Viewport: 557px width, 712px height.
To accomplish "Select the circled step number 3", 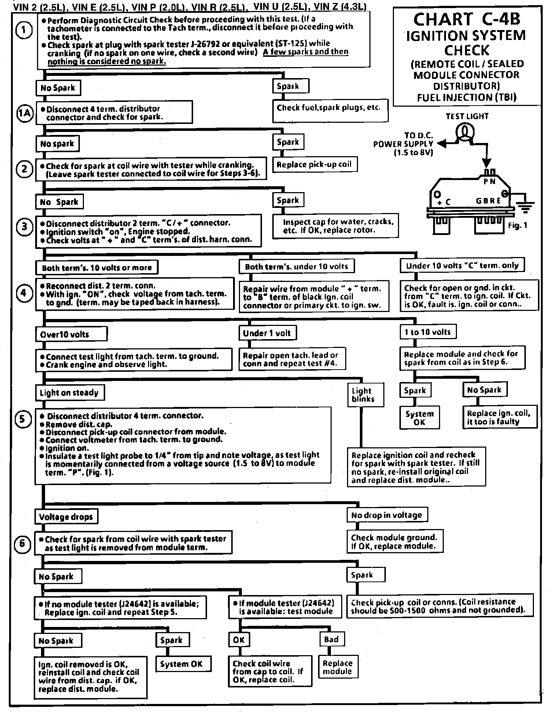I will [x=25, y=227].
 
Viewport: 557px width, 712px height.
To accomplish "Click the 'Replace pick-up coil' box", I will [x=315, y=164].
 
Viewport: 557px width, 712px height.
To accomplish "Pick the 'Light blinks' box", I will [x=365, y=395].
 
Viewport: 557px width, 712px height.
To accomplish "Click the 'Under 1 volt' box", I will [x=267, y=333].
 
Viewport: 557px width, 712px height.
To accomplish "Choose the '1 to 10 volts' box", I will [x=428, y=332].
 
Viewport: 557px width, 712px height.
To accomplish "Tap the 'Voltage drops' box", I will [x=66, y=517].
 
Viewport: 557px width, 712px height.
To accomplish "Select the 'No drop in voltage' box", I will [x=387, y=515].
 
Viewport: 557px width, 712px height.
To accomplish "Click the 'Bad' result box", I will [x=332, y=639].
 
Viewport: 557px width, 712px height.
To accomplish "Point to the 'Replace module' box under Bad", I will [x=337, y=667].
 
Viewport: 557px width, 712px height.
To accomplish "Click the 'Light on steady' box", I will [x=70, y=393].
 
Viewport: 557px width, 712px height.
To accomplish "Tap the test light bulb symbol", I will [x=465, y=132].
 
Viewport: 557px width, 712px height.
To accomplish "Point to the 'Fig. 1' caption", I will [x=517, y=225].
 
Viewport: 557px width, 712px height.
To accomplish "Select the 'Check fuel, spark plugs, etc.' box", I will [x=330, y=110].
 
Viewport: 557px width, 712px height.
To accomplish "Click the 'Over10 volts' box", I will [x=71, y=334].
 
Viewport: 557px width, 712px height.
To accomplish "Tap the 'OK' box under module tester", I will [x=239, y=640].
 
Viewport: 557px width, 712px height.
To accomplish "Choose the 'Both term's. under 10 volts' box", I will [x=297, y=267].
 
